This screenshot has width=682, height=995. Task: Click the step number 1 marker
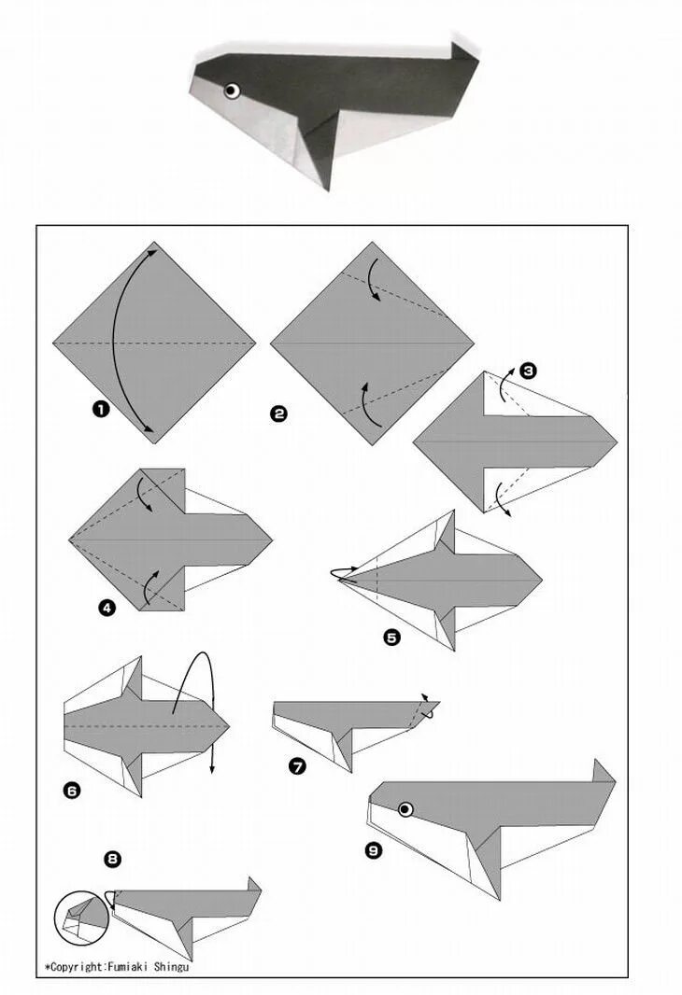101,409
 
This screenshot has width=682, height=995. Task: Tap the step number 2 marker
278,413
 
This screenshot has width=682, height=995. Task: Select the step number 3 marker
528,371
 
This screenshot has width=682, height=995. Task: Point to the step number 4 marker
107,608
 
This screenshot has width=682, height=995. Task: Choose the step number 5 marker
392,637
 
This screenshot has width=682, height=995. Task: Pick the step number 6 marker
72,790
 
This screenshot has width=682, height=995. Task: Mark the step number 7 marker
296,766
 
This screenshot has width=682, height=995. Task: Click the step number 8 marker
112,860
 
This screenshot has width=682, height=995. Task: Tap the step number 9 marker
374,849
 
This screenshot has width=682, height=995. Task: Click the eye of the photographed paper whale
233,91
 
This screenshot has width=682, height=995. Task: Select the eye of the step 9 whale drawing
405,809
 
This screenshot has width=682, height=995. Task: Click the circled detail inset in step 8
81,918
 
